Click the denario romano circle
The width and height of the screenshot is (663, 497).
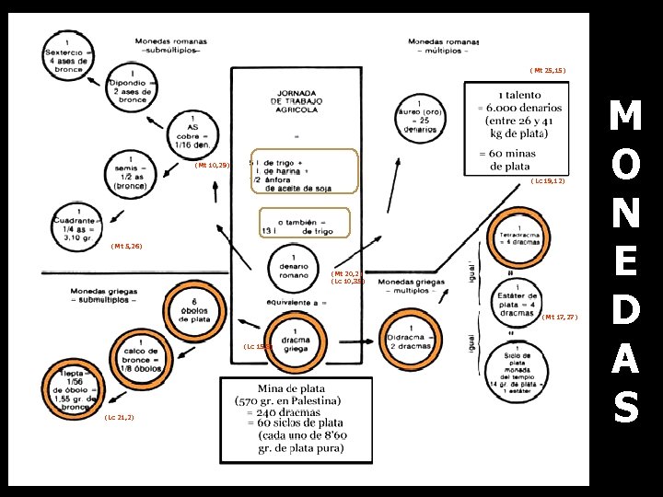(x=293, y=267)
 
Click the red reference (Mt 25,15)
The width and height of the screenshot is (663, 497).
(x=547, y=70)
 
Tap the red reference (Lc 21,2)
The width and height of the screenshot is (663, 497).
(x=120, y=418)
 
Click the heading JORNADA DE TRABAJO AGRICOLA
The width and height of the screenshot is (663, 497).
(x=297, y=101)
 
